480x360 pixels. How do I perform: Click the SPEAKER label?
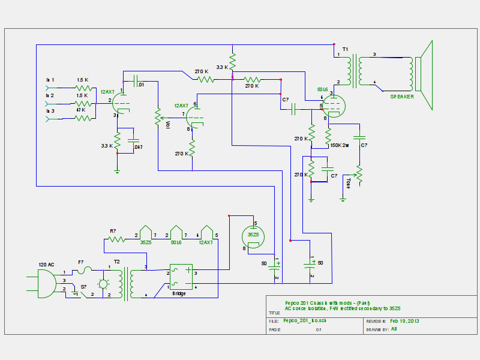(401, 96)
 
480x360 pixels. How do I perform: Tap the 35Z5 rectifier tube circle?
(253, 235)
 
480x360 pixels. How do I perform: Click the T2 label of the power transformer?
(118, 262)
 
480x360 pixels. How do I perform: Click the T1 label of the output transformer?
(345, 49)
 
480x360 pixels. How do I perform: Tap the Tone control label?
(349, 183)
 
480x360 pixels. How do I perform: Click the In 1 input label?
(50, 80)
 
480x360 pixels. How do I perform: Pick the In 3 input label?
(50, 111)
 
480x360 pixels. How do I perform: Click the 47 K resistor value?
(80, 110)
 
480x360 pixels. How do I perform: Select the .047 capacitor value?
(138, 146)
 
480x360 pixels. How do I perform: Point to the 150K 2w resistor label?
(340, 145)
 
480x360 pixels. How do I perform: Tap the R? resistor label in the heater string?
(113, 230)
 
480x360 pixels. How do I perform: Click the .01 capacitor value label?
(140, 85)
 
